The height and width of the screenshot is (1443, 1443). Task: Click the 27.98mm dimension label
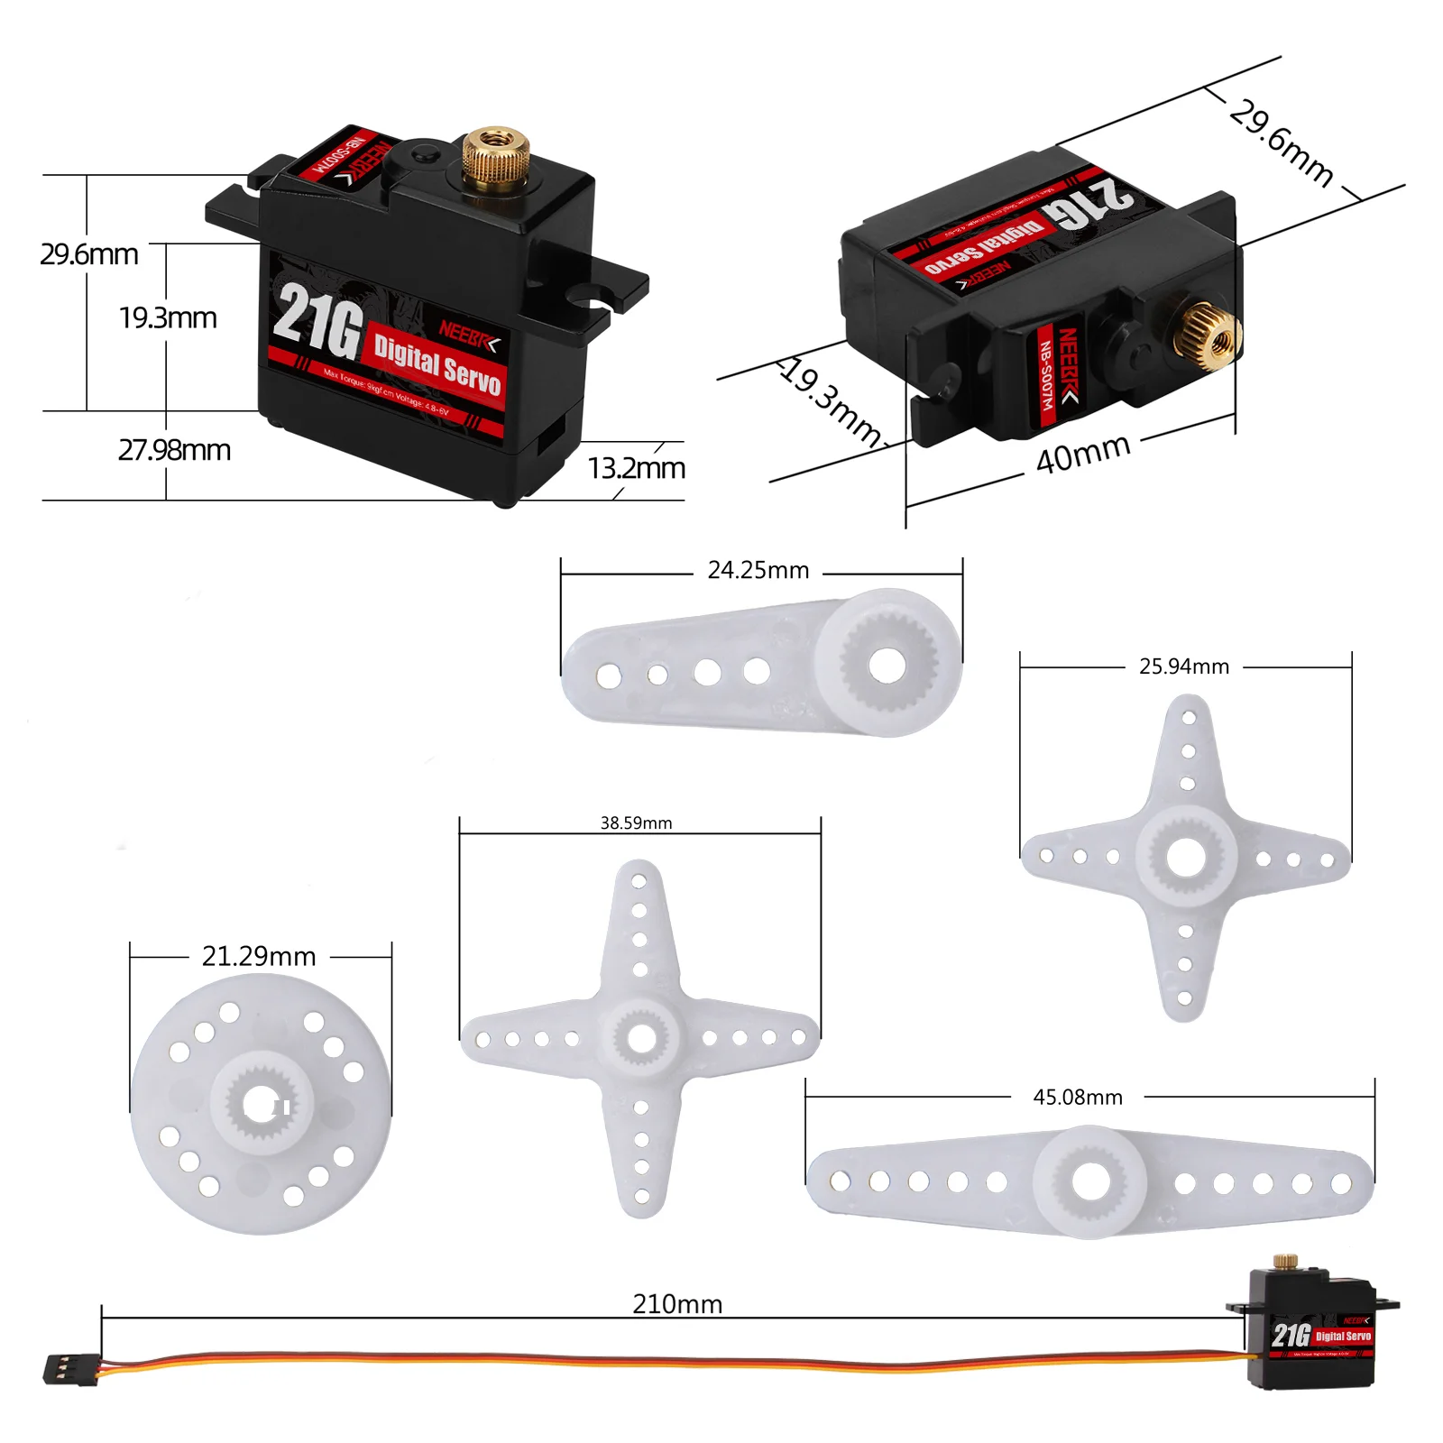click(x=174, y=449)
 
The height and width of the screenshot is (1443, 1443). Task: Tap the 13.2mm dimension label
click(x=637, y=468)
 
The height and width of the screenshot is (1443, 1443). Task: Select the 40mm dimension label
click(x=1082, y=453)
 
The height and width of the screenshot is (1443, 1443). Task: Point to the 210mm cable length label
click(x=677, y=1304)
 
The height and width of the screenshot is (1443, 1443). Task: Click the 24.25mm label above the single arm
click(x=758, y=571)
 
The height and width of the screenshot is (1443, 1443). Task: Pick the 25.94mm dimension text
click(x=1183, y=666)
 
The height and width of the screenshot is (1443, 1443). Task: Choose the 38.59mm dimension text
click(x=636, y=823)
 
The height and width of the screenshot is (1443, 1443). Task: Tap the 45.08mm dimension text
click(x=1077, y=1098)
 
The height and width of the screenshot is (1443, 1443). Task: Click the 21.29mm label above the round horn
click(x=259, y=956)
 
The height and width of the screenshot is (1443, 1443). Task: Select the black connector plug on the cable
click(x=69, y=1369)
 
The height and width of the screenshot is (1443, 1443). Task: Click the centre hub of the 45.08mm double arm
click(x=1090, y=1181)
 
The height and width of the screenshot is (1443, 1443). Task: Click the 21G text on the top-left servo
click(x=317, y=320)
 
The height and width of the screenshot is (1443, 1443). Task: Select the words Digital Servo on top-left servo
click(x=437, y=363)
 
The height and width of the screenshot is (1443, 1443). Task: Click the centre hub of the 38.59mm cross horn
click(x=640, y=1038)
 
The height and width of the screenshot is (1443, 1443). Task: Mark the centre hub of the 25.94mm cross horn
click(x=1185, y=856)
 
